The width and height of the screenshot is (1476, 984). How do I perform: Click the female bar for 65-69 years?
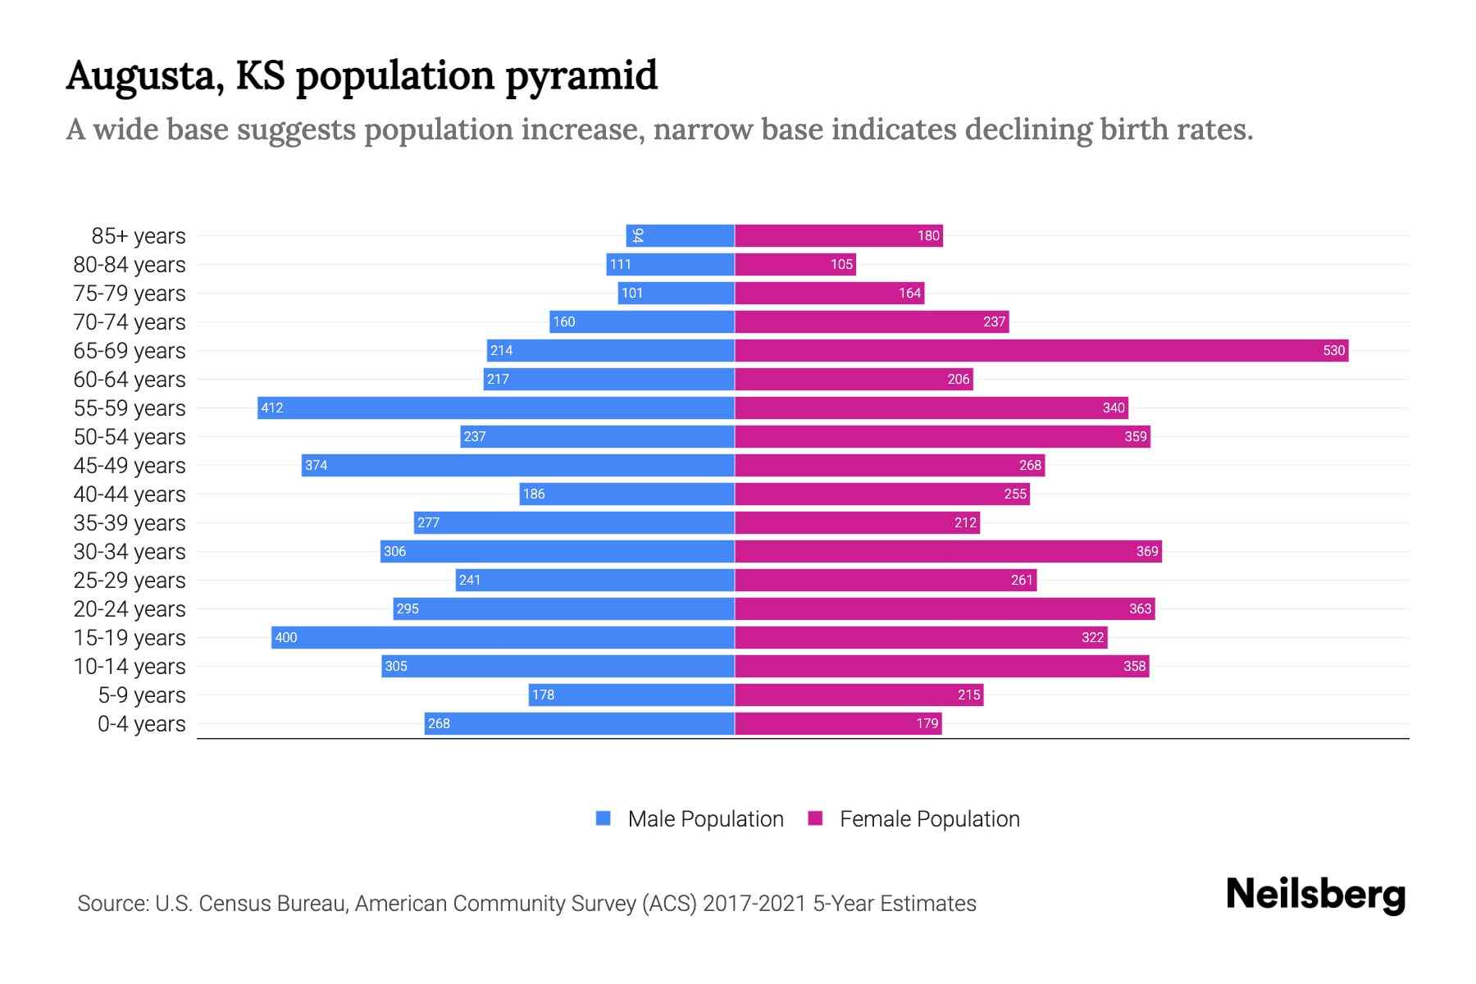tap(1041, 351)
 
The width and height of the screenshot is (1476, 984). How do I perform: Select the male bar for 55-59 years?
tap(496, 408)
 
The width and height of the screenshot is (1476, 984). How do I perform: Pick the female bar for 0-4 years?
tap(838, 724)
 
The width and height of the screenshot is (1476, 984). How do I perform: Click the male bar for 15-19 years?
tap(503, 638)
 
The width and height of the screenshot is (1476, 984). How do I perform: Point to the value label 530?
tap(1333, 351)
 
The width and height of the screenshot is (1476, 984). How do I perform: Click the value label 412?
tap(272, 408)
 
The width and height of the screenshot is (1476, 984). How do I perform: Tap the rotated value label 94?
tap(638, 236)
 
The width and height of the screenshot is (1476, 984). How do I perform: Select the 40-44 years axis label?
tap(130, 494)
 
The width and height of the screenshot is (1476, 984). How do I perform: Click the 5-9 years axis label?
tap(142, 695)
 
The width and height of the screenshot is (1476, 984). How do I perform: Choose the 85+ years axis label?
tap(139, 236)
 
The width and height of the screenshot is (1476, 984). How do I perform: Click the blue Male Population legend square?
tap(604, 818)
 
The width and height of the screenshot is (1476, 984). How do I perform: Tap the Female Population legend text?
tap(929, 819)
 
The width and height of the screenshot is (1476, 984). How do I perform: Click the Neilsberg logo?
tap(1315, 895)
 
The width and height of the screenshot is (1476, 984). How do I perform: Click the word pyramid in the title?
tap(581, 77)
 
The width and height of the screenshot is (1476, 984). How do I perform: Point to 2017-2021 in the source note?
tap(754, 904)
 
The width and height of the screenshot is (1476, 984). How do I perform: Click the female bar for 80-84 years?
tap(795, 265)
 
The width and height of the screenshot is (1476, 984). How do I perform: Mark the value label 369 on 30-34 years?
tap(1146, 552)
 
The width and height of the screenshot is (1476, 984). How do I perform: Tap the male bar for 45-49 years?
tap(517, 466)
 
